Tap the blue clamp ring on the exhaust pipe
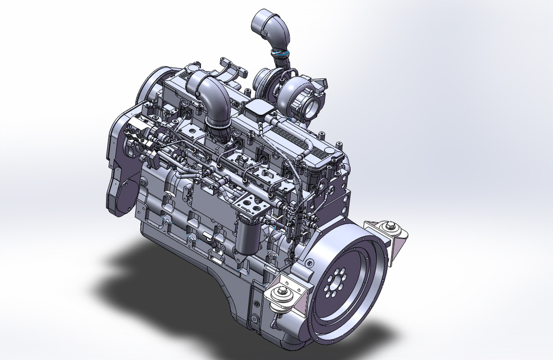coord(281,53)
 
